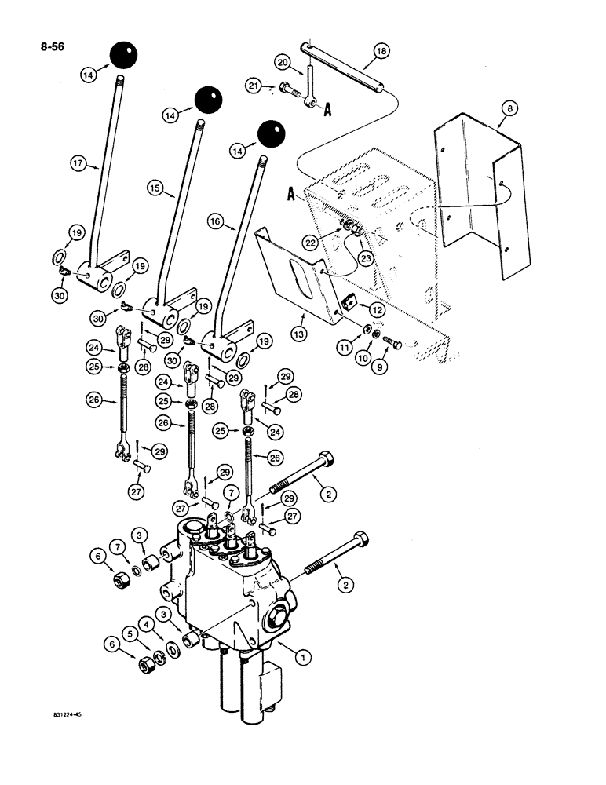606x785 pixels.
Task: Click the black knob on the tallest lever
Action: point(123,55)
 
